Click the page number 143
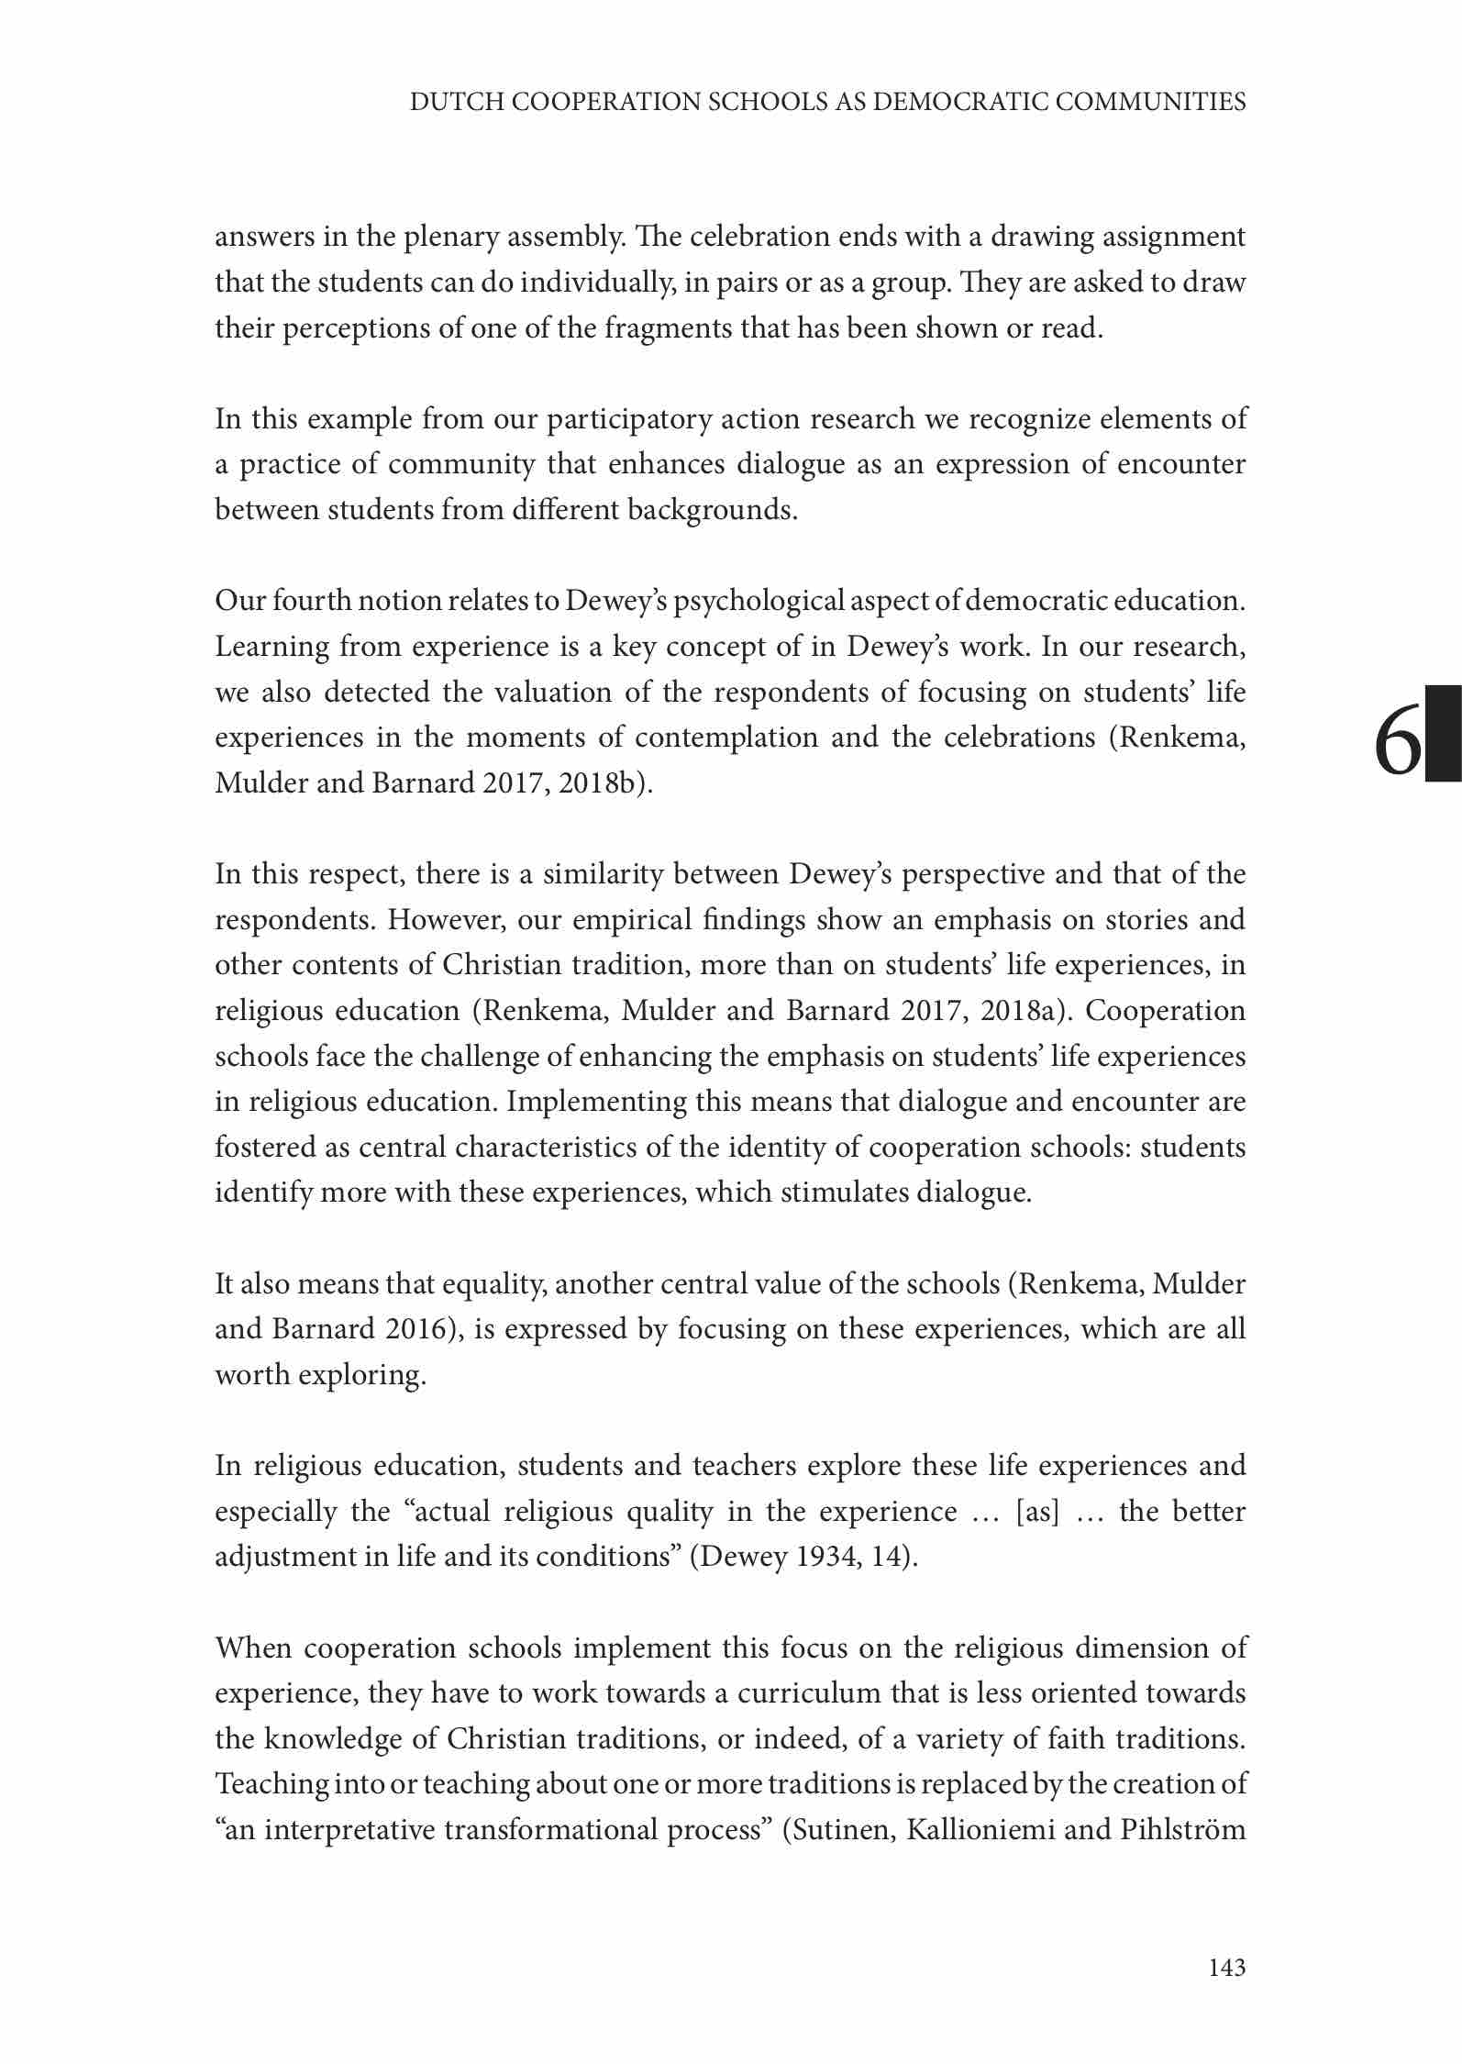point(1226,1967)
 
